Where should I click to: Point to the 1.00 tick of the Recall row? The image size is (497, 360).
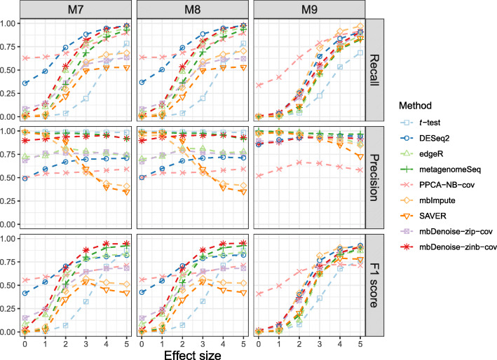click(x=10, y=24)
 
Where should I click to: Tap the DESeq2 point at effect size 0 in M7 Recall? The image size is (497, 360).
click(x=25, y=83)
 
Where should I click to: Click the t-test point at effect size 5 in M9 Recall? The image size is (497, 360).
click(x=360, y=53)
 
